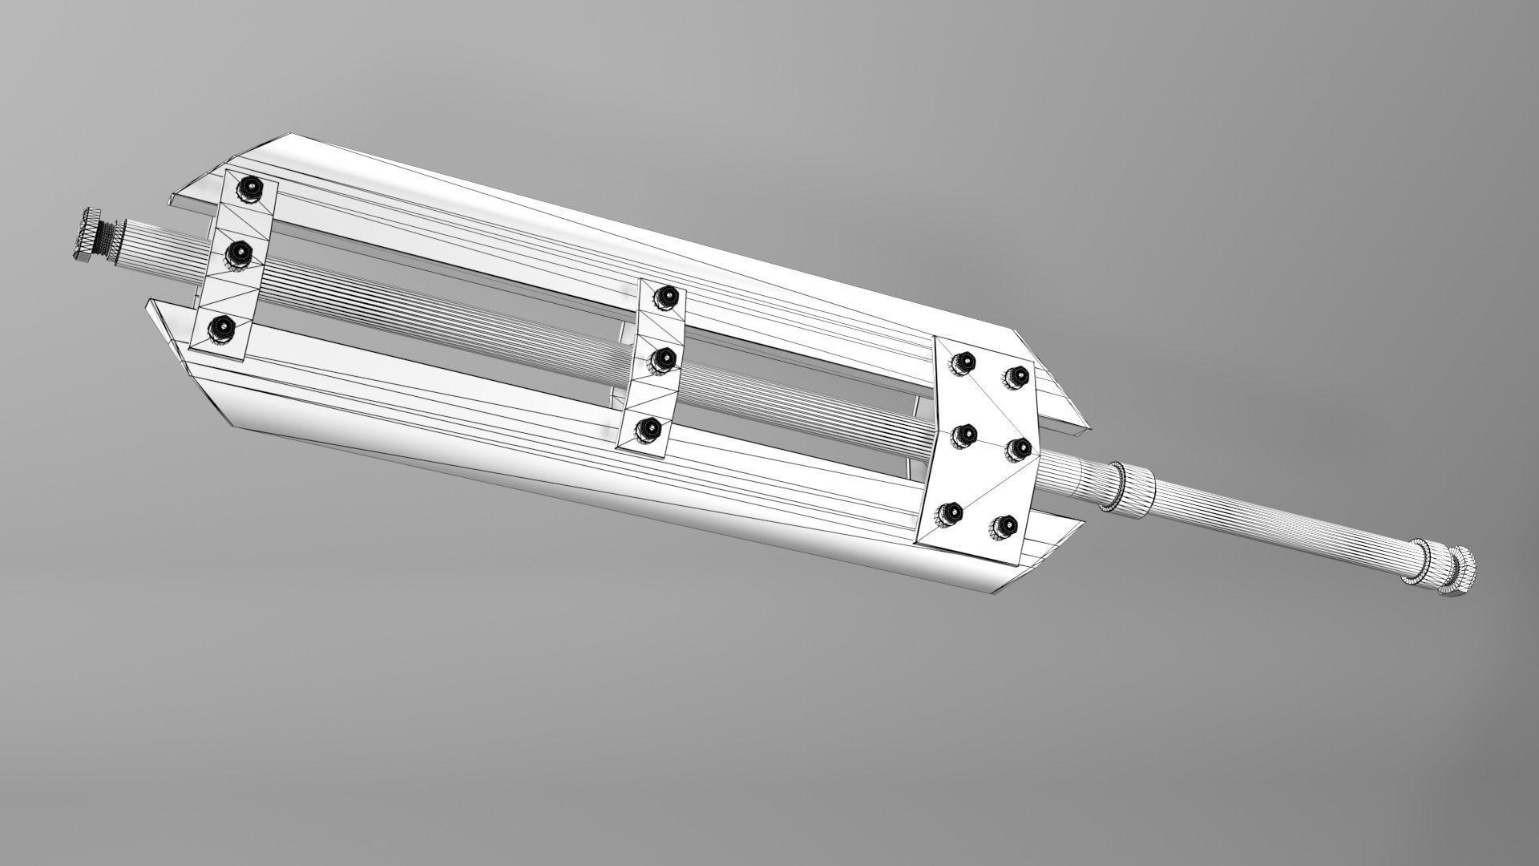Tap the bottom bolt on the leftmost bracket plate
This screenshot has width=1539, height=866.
pyautogui.click(x=222, y=328)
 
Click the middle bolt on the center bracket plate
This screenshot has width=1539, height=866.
pyautogui.click(x=662, y=359)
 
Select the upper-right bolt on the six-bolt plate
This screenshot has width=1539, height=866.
pyautogui.click(x=1018, y=375)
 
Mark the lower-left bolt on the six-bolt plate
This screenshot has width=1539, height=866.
pyautogui.click(x=951, y=511)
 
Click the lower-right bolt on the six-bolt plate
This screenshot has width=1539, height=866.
pyautogui.click(x=1004, y=526)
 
